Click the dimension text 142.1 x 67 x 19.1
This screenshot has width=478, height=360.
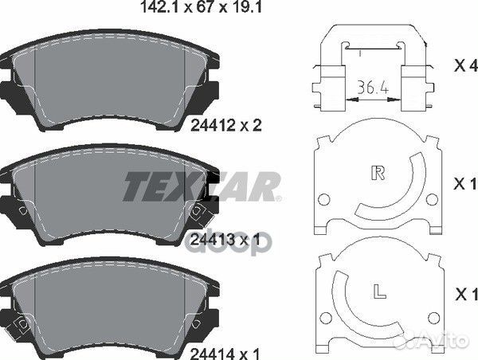(x=202, y=6)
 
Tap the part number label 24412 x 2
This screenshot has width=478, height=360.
(x=226, y=125)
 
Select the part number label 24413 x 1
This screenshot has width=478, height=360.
(x=225, y=240)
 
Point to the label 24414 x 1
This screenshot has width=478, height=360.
(x=225, y=354)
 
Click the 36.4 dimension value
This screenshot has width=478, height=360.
(x=373, y=88)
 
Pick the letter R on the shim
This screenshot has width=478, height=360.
(x=378, y=173)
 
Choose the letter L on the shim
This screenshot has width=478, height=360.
(x=379, y=291)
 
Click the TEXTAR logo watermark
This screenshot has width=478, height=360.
(x=202, y=186)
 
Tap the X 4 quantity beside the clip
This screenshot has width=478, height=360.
(x=465, y=65)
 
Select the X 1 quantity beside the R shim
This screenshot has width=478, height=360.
(x=465, y=183)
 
